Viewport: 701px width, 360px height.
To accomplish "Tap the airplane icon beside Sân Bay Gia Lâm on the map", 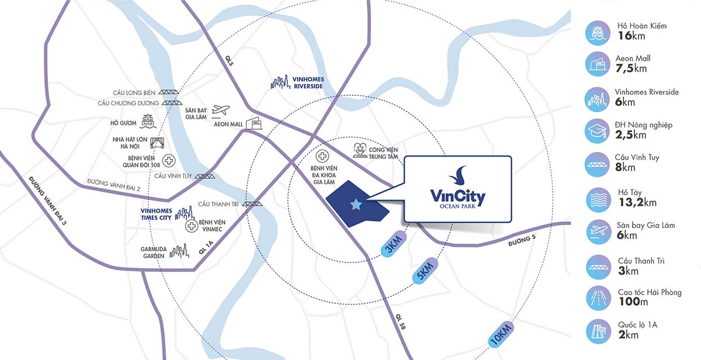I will (221, 110).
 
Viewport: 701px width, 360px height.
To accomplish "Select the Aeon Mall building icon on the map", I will (254, 123).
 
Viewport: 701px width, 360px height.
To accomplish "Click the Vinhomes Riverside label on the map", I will (309, 82).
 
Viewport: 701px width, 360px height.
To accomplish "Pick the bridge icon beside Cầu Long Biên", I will (170, 92).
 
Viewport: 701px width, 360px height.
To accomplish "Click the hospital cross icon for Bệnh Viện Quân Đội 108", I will (168, 161).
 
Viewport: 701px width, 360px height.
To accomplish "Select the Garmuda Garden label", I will (154, 252).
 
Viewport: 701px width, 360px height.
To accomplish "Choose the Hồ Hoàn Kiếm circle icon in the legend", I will (599, 33).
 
